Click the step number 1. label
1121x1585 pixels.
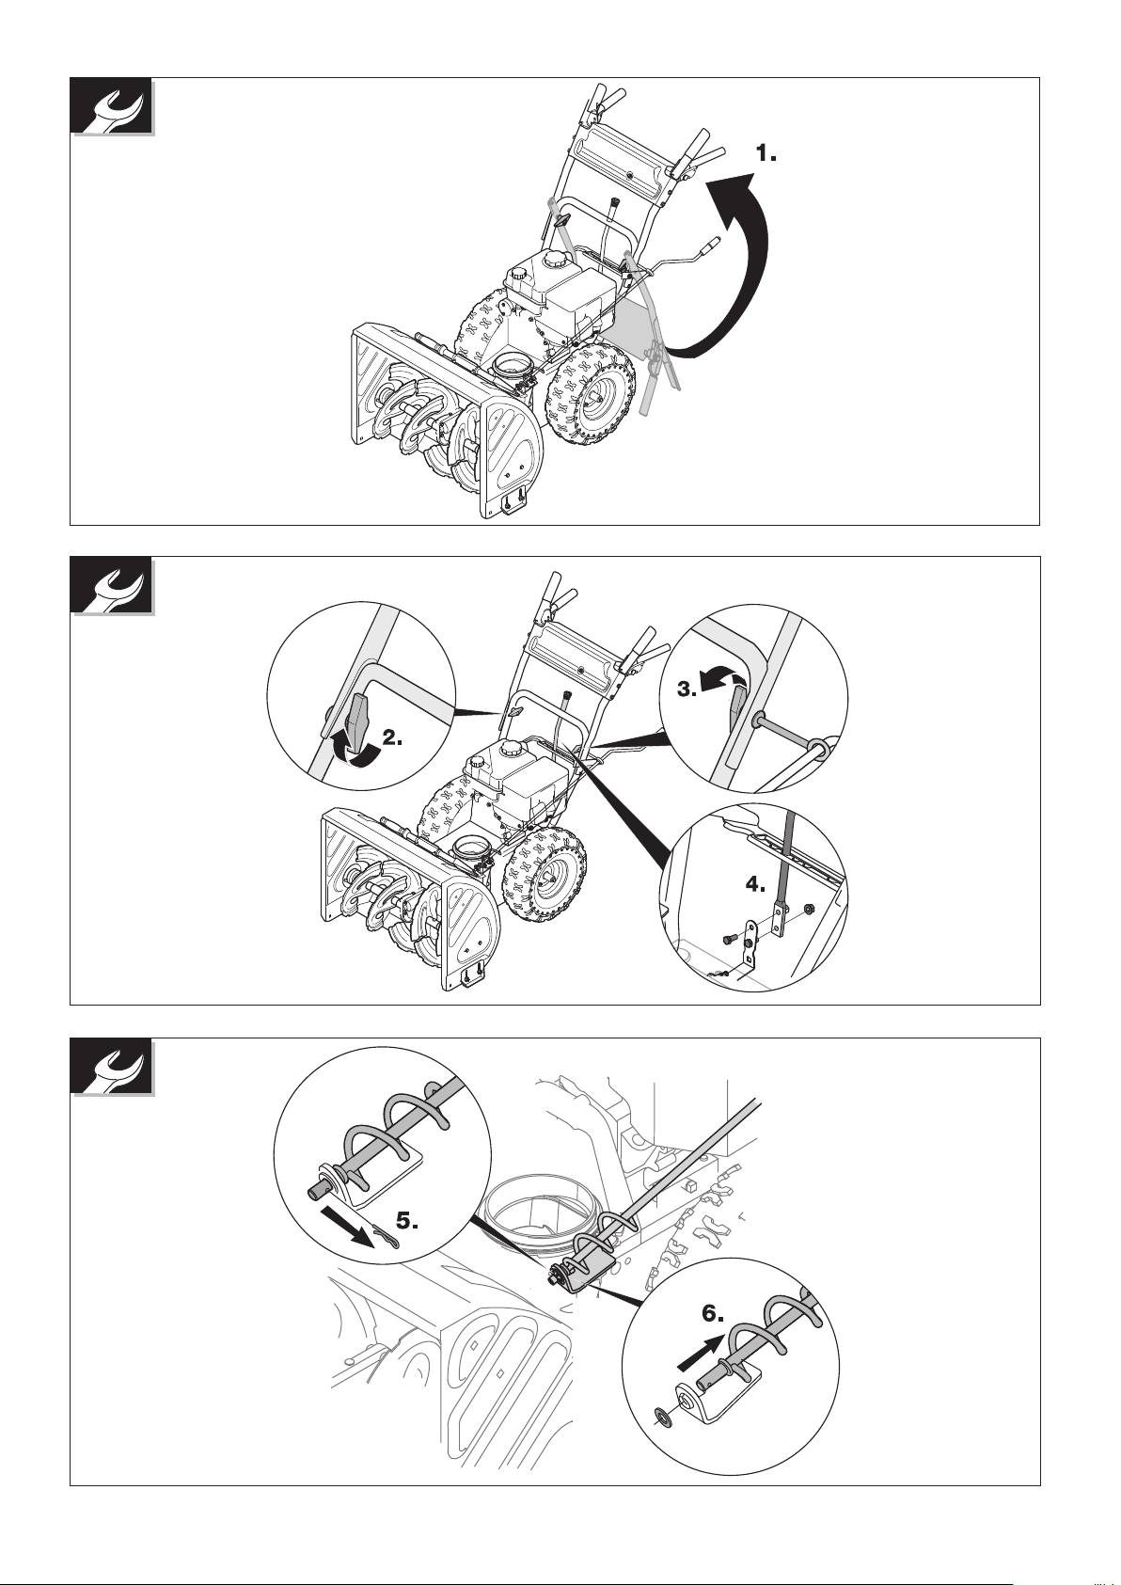766,153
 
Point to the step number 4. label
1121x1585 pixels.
756,884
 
